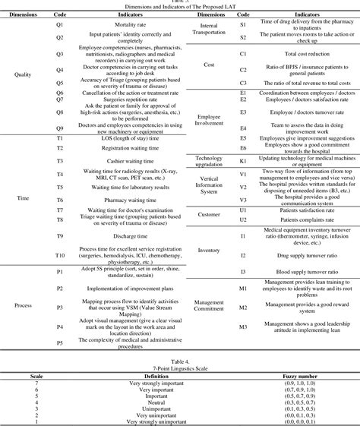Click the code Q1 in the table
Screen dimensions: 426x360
(60, 24)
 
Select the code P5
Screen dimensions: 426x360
(60, 343)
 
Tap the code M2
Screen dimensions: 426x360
(244, 308)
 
